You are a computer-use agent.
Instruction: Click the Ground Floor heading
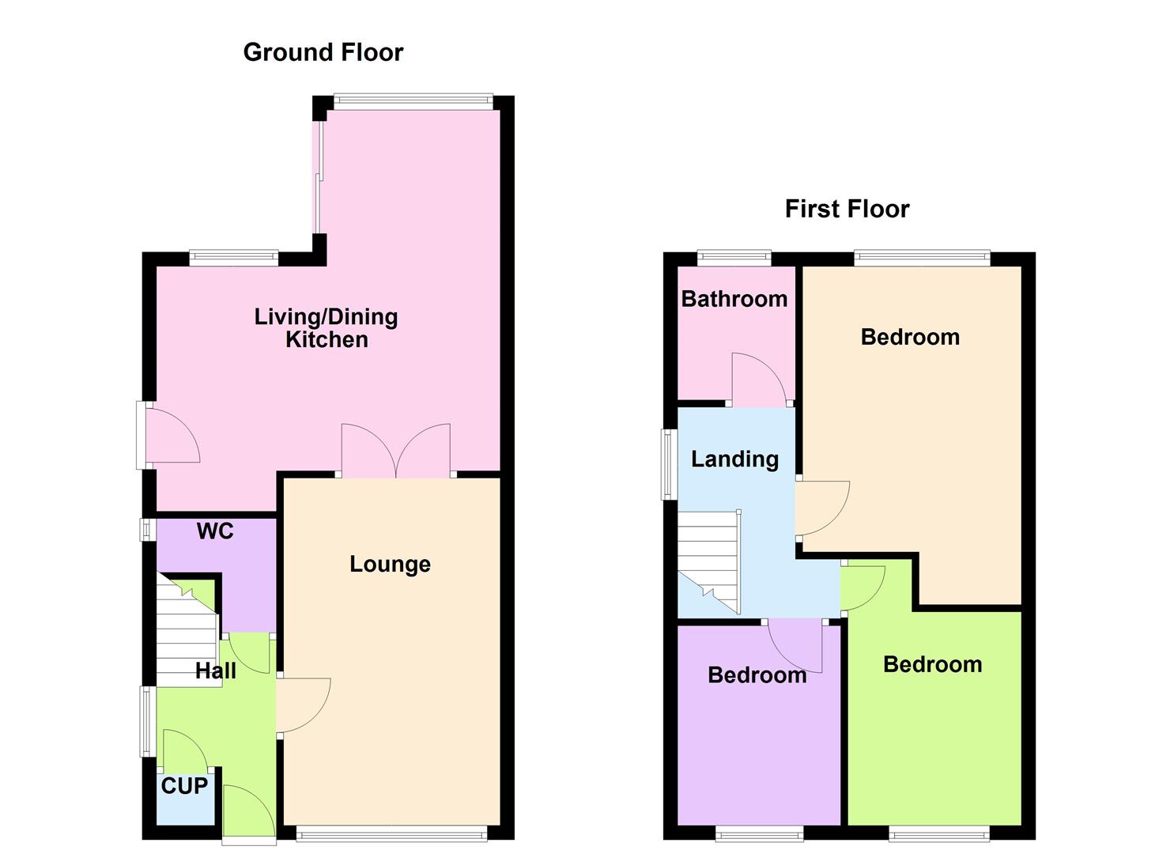point(323,52)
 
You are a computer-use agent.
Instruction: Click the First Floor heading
point(847,209)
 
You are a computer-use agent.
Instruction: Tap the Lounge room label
point(390,564)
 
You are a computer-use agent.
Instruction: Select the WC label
point(215,531)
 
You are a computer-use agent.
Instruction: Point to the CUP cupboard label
point(184,786)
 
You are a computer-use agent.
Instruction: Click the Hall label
point(216,671)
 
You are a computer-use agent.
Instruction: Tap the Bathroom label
point(734,299)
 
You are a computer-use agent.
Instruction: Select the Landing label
point(734,459)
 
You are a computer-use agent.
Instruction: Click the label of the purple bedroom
point(757,675)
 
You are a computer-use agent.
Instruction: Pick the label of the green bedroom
point(932,664)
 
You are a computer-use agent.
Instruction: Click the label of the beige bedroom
point(910,337)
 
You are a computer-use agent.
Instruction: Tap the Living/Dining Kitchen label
point(326,328)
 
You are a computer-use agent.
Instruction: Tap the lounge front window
point(392,832)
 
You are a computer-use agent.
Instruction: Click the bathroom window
point(734,257)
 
